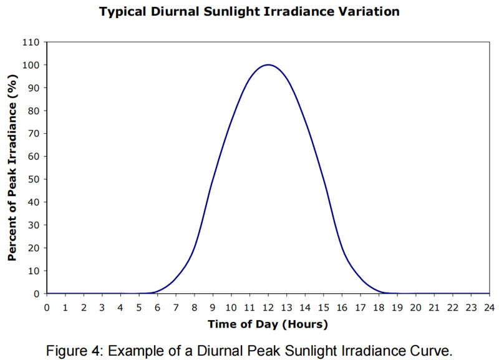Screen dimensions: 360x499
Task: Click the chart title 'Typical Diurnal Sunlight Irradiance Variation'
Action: click(249, 11)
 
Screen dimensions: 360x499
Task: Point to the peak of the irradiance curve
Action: click(268, 64)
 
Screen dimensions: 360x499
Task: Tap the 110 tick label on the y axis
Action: click(31, 42)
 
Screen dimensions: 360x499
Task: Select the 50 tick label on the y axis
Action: click(34, 179)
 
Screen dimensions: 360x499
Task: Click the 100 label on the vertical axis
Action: click(31, 65)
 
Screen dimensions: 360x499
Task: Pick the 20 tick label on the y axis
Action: click(34, 248)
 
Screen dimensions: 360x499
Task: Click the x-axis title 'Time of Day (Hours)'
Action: click(268, 324)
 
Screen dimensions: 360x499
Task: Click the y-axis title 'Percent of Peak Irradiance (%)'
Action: click(11, 167)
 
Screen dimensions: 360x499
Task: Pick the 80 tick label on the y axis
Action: click(34, 111)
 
